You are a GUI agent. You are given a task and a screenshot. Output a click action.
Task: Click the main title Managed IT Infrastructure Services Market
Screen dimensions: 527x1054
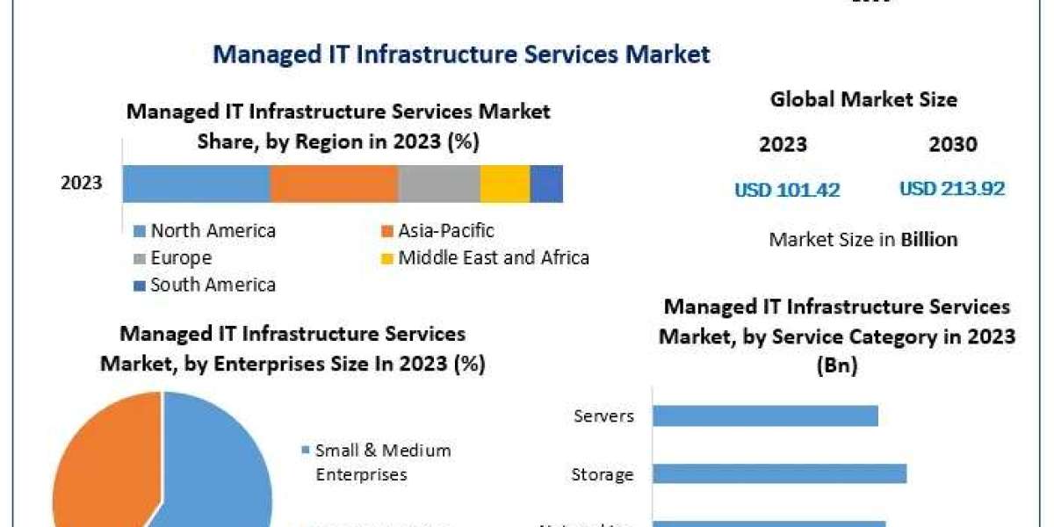tap(461, 54)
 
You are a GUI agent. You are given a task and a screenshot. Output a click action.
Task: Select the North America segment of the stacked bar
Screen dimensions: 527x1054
tap(196, 184)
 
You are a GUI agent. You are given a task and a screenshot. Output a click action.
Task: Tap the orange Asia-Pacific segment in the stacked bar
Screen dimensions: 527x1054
tap(334, 184)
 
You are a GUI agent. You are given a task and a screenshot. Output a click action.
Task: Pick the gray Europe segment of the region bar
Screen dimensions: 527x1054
tap(439, 184)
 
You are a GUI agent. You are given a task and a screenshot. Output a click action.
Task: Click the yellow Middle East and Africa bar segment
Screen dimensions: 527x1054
tap(505, 184)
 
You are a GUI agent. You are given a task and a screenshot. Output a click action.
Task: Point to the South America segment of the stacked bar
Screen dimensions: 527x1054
tap(546, 184)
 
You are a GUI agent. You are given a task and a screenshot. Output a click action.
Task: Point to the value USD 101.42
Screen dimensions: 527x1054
tap(787, 190)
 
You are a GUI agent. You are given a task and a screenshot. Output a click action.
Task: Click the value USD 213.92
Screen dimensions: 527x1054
tap(952, 189)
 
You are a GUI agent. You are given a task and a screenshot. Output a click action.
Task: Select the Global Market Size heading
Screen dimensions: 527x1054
tap(863, 100)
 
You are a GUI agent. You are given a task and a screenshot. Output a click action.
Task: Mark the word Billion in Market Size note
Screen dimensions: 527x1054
tap(929, 239)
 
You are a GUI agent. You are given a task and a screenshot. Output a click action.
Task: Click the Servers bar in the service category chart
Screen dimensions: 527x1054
tap(765, 415)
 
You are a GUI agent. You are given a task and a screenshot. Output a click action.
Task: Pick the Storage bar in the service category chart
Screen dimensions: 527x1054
tap(779, 474)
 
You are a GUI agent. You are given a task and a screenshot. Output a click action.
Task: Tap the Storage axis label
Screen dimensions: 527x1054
tap(602, 475)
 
